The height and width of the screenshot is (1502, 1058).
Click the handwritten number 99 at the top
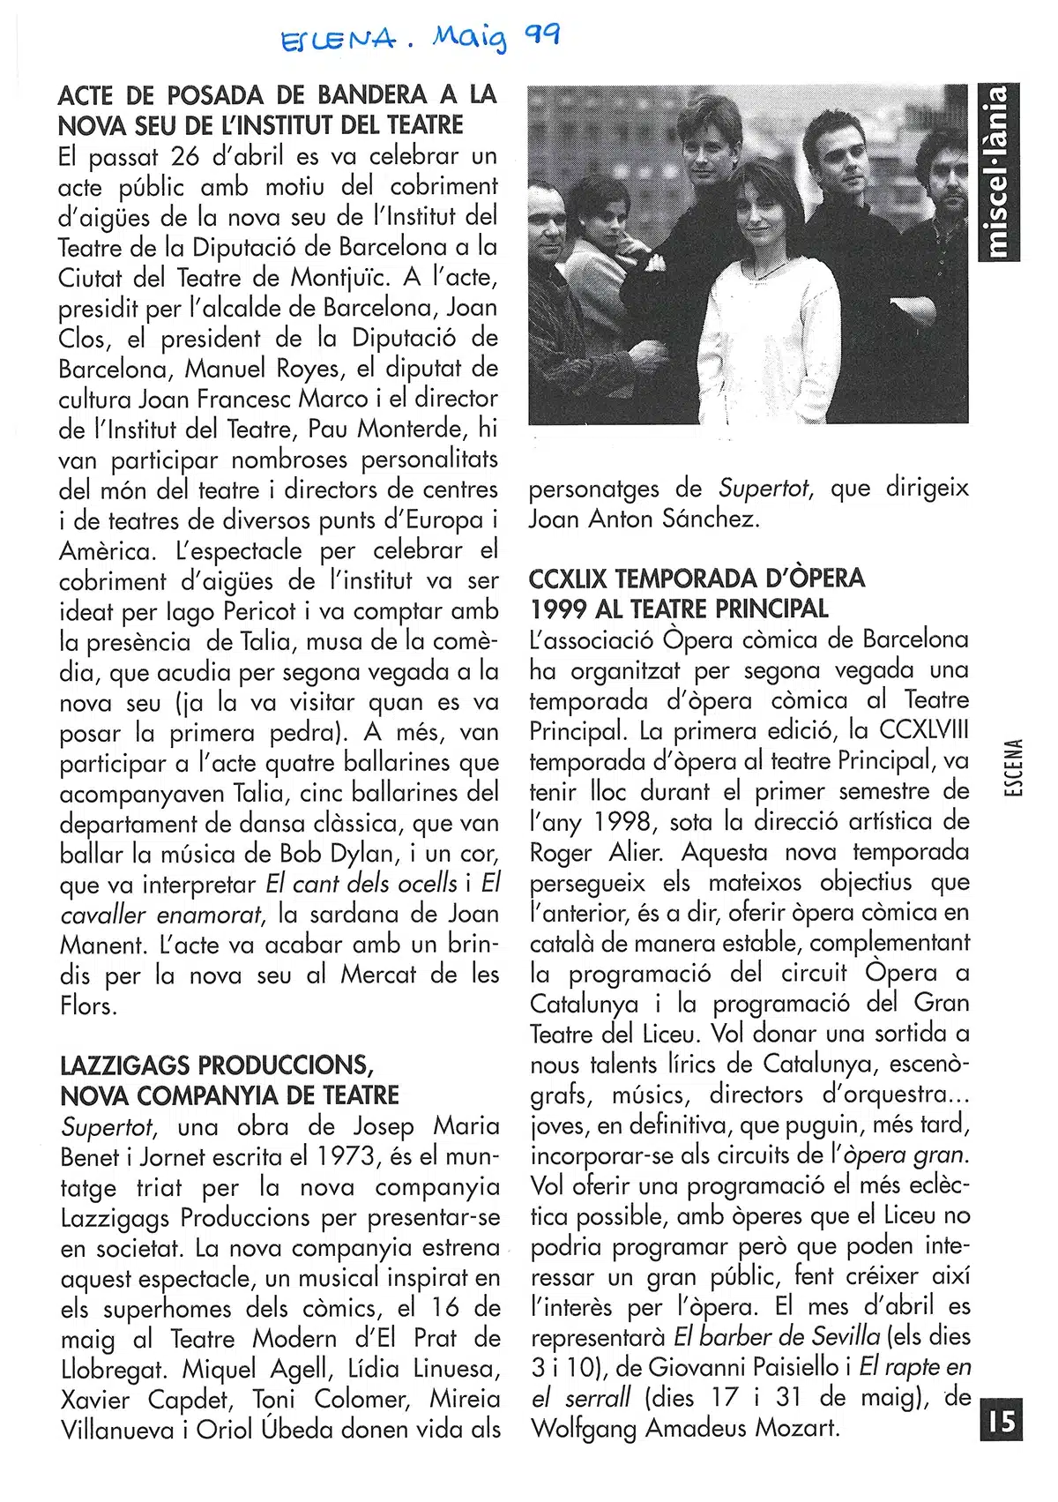coord(542,35)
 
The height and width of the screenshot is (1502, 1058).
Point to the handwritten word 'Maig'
coord(470,39)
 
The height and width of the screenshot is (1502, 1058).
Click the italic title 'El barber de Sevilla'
coord(778,1336)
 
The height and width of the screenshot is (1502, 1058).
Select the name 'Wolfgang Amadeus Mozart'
coord(684,1428)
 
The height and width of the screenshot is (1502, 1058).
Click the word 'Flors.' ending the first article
coord(88,1005)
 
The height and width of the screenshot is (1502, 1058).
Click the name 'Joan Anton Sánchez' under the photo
coord(643,519)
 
